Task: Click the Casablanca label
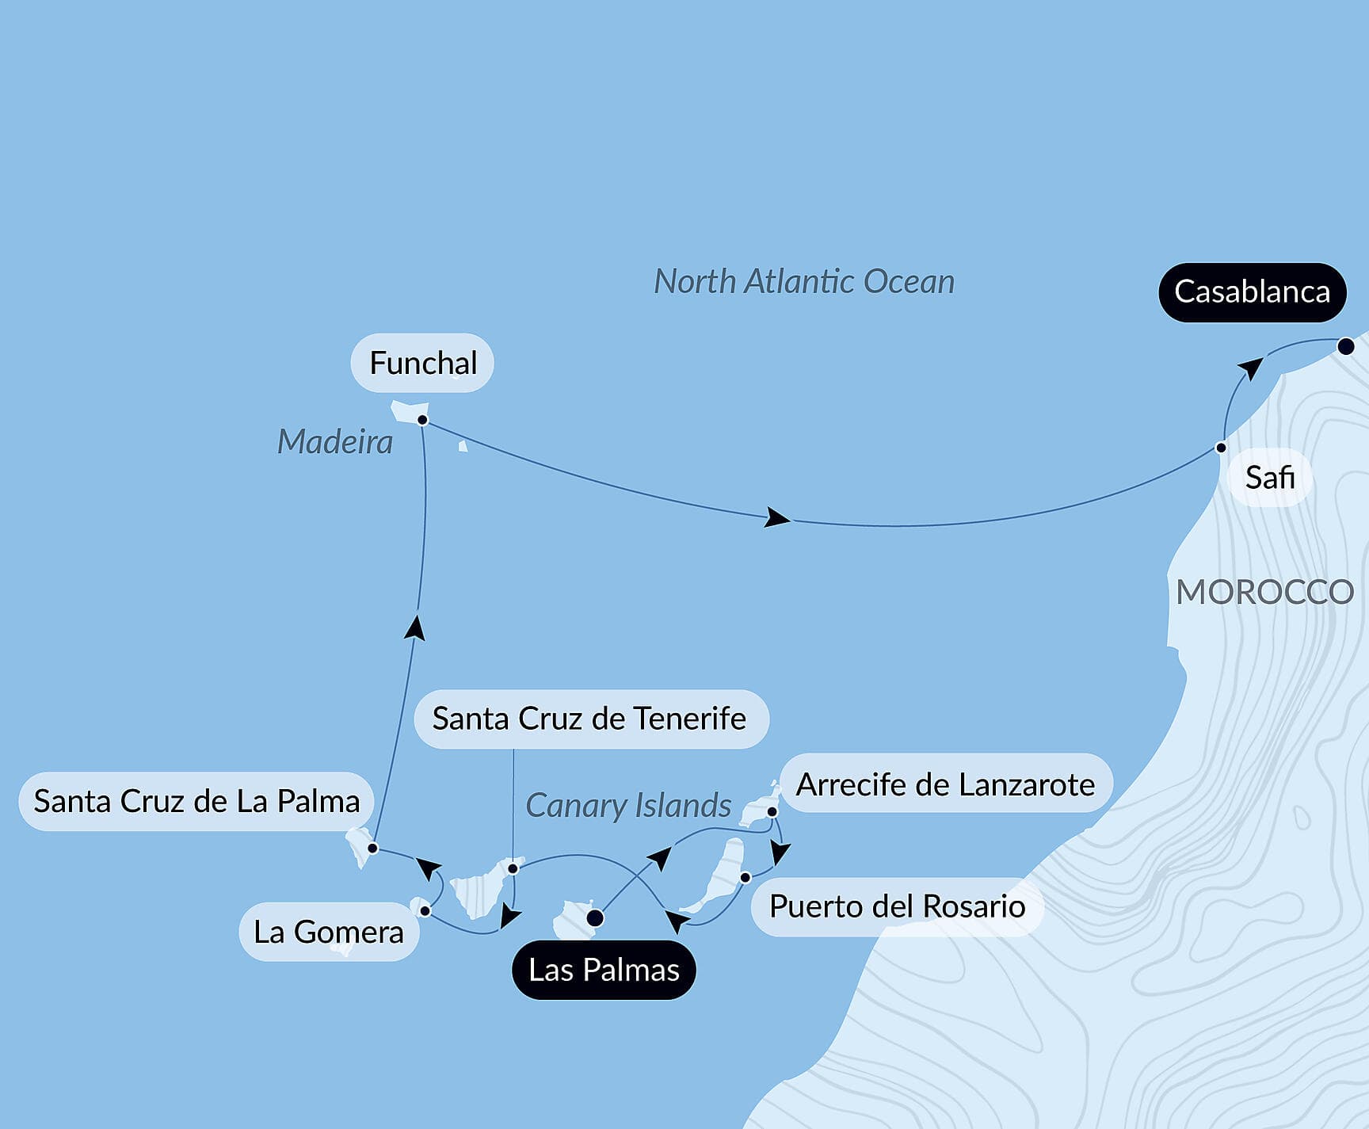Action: pos(1252,292)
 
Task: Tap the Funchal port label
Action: pos(422,363)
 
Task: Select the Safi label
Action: pos(1269,477)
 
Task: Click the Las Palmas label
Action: pos(604,970)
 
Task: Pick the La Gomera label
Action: pos(328,932)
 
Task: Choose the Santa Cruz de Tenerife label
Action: pos(589,719)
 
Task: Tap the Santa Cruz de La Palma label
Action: pos(196,801)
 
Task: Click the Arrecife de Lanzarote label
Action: pos(945,784)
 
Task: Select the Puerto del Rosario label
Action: pos(897,906)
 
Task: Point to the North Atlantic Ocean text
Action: pos(804,282)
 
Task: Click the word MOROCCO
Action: pos(1264,593)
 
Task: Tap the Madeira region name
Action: pos(334,442)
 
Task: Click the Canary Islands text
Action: pos(628,806)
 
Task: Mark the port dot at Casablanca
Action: pos(1345,346)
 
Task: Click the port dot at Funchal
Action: pos(423,420)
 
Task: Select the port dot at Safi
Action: pos(1221,448)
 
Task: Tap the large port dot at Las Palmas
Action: pos(594,918)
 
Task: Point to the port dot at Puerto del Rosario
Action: pos(746,877)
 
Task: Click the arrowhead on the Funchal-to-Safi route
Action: pos(777,519)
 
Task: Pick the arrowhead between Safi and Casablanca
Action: pos(1250,369)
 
